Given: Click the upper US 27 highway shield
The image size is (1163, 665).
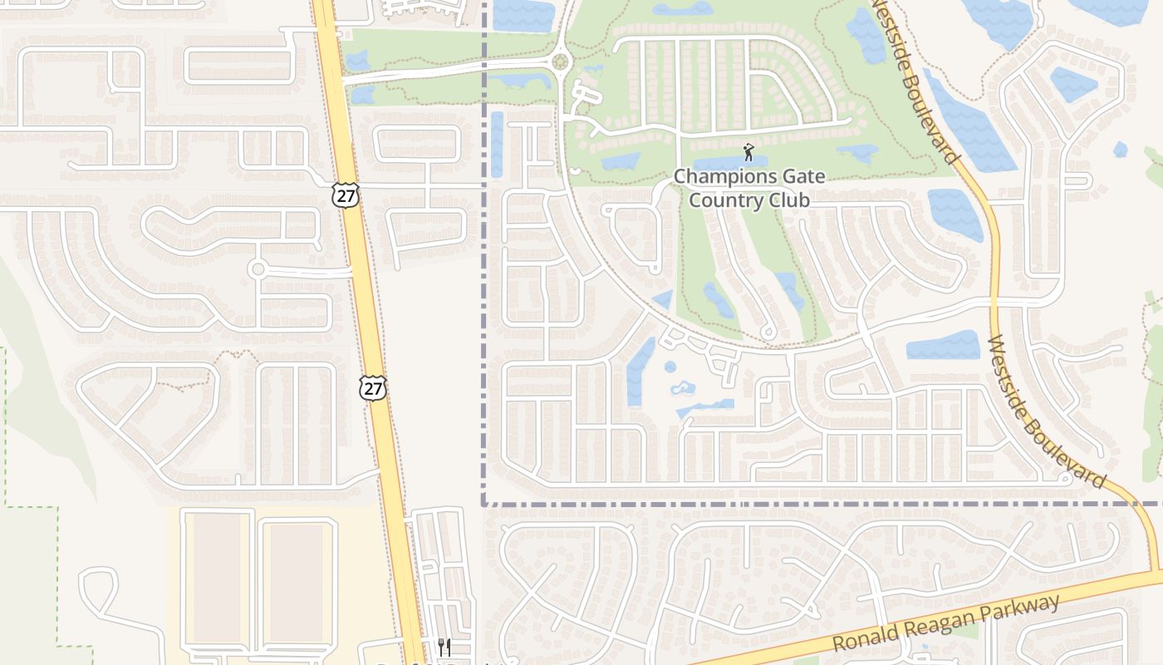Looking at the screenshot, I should [x=346, y=195].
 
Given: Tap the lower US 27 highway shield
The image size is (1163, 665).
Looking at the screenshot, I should [x=373, y=387].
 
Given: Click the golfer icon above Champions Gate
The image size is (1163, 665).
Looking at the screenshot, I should [x=748, y=152].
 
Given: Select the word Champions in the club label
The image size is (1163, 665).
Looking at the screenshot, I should [x=714, y=176].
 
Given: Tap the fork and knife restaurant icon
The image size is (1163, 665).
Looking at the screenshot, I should [x=444, y=647].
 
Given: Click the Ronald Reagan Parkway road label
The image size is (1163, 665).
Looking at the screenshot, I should [x=947, y=623].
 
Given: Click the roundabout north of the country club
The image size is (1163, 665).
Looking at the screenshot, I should [x=560, y=61].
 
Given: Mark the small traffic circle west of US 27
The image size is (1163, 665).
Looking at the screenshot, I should [x=258, y=268].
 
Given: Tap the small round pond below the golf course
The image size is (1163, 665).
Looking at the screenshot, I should [x=670, y=367].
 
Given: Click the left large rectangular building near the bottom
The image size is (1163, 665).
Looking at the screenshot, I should [x=217, y=578].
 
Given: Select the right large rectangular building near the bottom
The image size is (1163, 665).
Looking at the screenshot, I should [x=297, y=582].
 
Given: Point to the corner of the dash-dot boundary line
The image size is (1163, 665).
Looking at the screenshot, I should [x=483, y=504].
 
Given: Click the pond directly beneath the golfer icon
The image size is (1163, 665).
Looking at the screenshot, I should [x=730, y=163].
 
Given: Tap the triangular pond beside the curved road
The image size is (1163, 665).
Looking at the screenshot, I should [x=663, y=299].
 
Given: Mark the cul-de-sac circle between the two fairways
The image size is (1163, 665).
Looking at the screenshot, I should [x=769, y=333].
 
